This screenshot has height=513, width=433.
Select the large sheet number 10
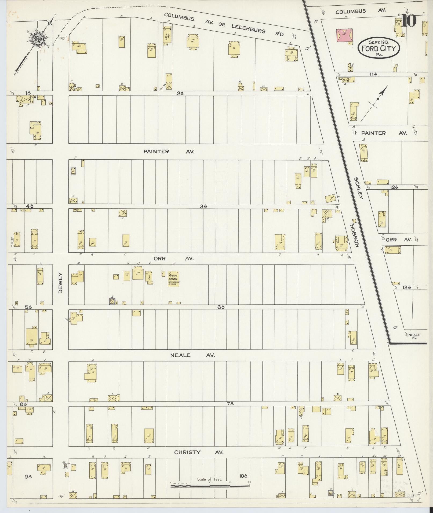click(409, 21)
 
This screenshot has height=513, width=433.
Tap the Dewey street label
click(60, 283)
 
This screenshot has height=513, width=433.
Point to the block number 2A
click(180, 93)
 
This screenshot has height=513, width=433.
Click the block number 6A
click(221, 307)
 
